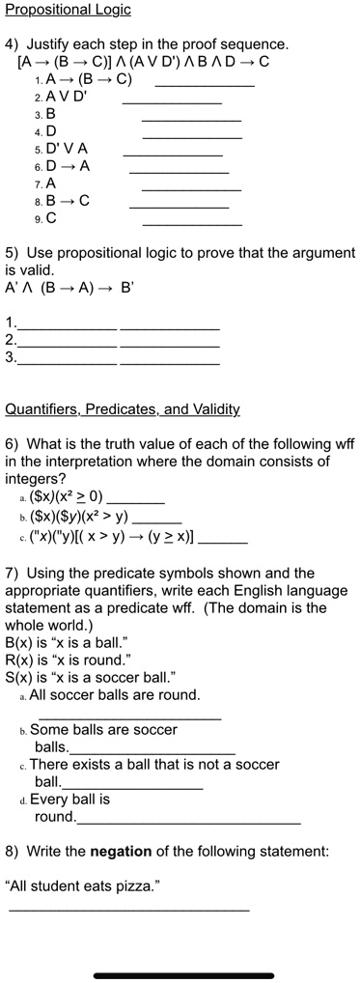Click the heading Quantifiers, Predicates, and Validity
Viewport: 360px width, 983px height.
pos(123,409)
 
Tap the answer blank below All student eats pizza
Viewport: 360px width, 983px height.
pos(128,910)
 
